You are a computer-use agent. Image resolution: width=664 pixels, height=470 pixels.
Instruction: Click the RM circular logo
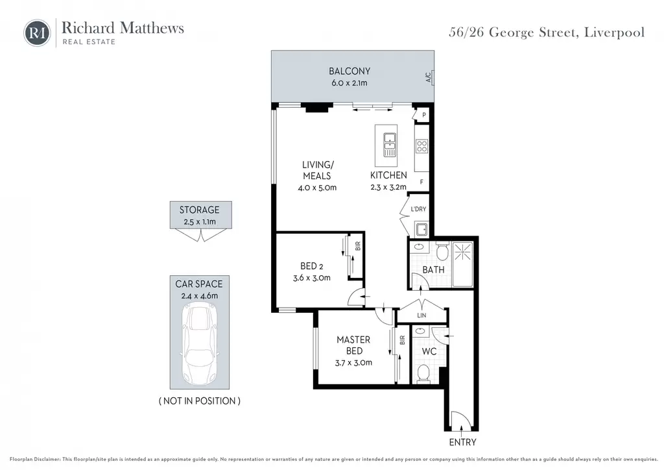click(37, 32)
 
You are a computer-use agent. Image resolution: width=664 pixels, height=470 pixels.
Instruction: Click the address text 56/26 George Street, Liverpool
click(547, 32)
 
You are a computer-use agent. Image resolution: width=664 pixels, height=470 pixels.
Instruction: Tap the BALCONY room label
click(350, 71)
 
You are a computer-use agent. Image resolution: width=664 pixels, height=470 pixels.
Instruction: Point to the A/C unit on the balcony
click(431, 77)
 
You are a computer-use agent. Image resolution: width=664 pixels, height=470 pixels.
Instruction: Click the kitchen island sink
click(389, 144)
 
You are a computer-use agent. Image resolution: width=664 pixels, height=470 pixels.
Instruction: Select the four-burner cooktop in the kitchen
click(421, 146)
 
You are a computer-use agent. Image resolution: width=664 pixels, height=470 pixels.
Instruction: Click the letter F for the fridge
click(421, 182)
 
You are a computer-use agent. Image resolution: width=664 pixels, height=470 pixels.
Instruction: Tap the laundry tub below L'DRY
click(421, 229)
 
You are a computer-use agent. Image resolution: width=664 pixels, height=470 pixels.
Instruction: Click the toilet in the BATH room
click(442, 252)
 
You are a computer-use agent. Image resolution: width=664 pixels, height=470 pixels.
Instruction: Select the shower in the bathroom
click(462, 264)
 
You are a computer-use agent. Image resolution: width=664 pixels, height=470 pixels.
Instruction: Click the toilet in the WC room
click(423, 373)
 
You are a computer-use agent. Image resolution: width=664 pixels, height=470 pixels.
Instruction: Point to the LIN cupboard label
click(421, 315)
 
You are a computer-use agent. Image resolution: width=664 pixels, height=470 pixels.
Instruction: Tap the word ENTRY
click(462, 442)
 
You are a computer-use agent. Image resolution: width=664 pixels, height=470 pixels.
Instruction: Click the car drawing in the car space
click(200, 344)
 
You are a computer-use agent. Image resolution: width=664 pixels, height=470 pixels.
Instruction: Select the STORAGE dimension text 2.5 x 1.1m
click(200, 221)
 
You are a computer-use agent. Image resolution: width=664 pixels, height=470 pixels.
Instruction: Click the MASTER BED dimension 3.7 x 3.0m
click(353, 363)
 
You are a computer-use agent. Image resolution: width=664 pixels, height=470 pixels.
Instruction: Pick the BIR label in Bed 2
click(358, 246)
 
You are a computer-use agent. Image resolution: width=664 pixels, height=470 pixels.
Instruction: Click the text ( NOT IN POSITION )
click(200, 401)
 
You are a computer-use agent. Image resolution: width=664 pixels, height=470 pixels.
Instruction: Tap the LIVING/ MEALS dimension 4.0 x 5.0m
click(317, 188)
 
